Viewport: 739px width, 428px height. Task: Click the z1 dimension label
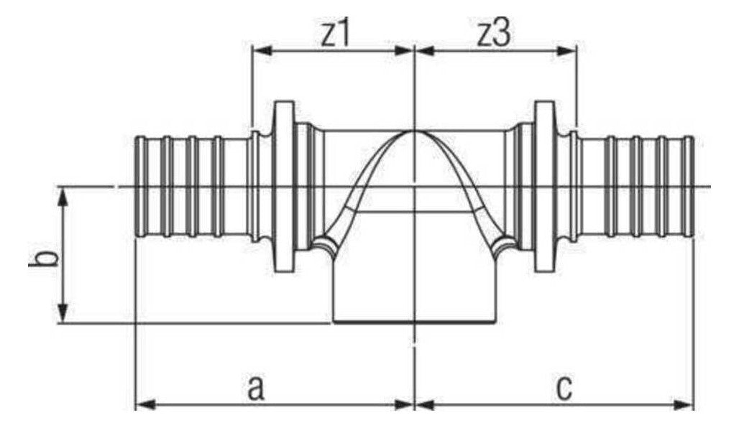point(335,34)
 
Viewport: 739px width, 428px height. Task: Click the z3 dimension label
point(493,34)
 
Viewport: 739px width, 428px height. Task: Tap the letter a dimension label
point(255,389)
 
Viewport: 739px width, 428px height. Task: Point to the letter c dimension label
point(564,389)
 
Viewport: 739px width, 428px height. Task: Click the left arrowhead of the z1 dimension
point(262,51)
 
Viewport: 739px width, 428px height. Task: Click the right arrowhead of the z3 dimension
point(566,51)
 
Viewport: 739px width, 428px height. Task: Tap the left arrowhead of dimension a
point(146,404)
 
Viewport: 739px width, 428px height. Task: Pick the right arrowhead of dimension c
point(684,404)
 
